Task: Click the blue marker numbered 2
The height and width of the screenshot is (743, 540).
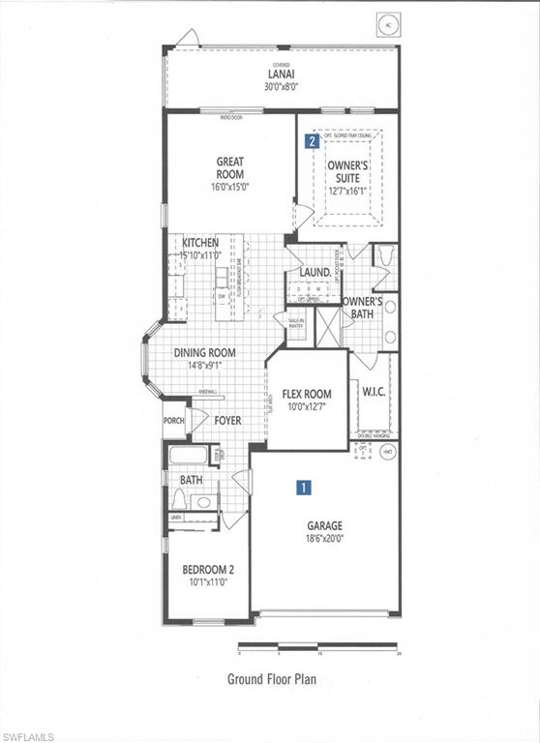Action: pos(312,141)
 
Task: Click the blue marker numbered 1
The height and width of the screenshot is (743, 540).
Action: pos(304,490)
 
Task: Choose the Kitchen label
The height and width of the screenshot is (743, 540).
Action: pos(200,243)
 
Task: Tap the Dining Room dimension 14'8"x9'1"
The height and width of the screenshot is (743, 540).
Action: pos(204,366)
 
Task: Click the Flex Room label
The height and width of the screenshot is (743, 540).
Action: pos(307,394)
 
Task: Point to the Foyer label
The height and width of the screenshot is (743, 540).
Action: pos(228,420)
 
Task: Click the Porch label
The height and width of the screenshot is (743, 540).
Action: pos(174,420)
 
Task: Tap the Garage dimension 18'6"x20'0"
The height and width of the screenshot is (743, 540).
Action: pos(325,539)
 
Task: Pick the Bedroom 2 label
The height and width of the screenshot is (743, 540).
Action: pos(208,570)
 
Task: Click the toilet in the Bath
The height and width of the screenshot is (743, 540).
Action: pos(179,499)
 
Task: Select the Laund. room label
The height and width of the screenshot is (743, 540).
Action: pos(315,273)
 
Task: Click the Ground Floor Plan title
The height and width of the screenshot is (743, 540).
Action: pos(271,679)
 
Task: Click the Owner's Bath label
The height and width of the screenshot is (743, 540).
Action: pos(363,307)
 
